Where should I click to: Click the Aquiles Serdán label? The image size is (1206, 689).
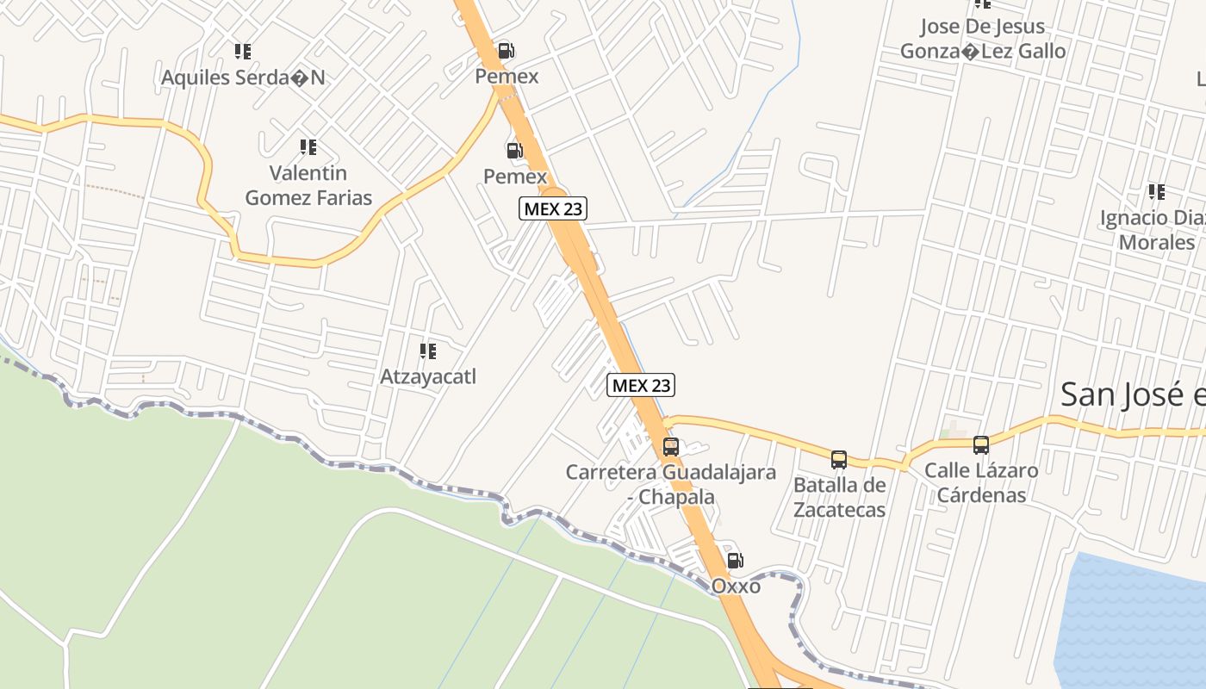pyautogui.click(x=244, y=78)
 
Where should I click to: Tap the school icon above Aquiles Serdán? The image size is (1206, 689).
pyautogui.click(x=243, y=52)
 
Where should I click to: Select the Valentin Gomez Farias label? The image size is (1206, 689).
pyautogui.click(x=308, y=185)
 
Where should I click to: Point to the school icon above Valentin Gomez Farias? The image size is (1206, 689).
pyautogui.click(x=308, y=147)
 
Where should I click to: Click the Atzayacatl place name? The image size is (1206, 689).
pyautogui.click(x=428, y=377)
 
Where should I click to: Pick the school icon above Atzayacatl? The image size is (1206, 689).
pyautogui.click(x=427, y=351)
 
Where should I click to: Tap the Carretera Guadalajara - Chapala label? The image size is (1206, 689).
pyautogui.click(x=670, y=485)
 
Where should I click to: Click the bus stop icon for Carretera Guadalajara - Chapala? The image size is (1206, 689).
pyautogui.click(x=670, y=447)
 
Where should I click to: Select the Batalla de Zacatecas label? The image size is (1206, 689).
pyautogui.click(x=839, y=497)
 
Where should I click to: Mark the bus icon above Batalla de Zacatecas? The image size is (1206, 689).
pyautogui.click(x=839, y=459)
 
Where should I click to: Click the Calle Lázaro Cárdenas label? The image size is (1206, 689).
pyautogui.click(x=981, y=482)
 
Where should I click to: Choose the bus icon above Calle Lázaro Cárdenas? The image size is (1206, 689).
pyautogui.click(x=981, y=444)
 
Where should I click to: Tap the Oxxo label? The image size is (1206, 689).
pyautogui.click(x=736, y=587)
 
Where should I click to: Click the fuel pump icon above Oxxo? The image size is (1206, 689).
pyautogui.click(x=735, y=561)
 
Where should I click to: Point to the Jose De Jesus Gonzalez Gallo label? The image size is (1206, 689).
pyautogui.click(x=983, y=39)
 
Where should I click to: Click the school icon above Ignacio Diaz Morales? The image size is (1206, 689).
pyautogui.click(x=1156, y=191)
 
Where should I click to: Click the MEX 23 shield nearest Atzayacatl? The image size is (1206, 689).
pyautogui.click(x=640, y=385)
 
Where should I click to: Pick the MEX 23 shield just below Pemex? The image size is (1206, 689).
pyautogui.click(x=553, y=208)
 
